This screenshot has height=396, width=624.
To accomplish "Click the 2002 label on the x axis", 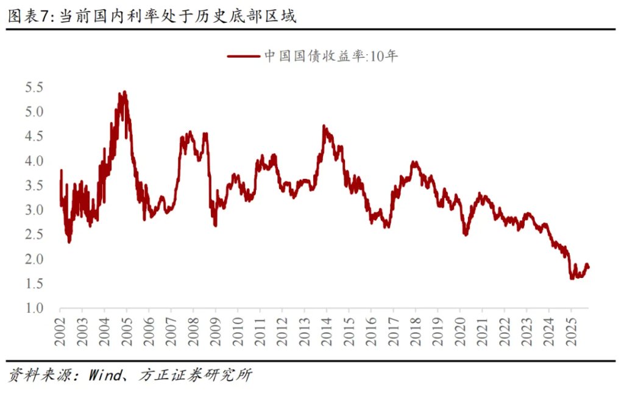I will (60, 331).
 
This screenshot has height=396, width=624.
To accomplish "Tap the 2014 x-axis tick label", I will (326, 331).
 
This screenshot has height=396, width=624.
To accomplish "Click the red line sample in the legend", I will (243, 57).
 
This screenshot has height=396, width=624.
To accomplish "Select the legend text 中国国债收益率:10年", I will (331, 57).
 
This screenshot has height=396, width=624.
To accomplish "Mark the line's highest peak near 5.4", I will (124, 92).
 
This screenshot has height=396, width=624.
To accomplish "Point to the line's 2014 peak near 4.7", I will (324, 126).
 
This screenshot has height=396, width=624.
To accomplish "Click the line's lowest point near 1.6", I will (572, 278).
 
